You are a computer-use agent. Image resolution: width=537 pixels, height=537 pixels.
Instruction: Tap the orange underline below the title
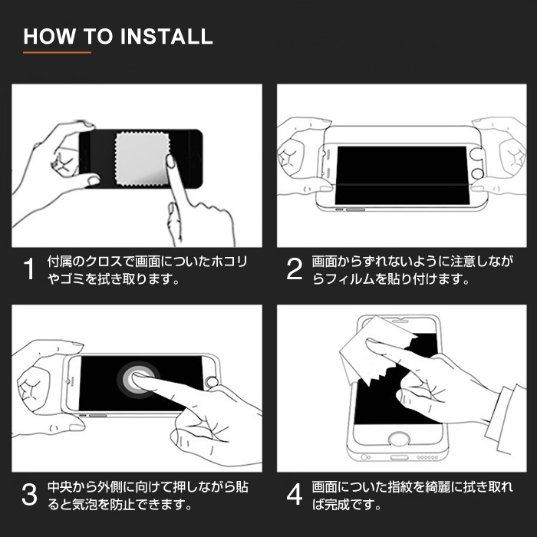pos(57,53)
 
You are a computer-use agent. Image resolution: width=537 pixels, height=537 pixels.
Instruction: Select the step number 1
pos(29,270)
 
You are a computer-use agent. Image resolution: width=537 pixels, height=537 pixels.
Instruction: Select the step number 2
pos(295,270)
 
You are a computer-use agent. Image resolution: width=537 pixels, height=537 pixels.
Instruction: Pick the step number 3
pos(29,496)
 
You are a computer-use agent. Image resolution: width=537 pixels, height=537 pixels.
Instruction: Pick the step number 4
pos(295,496)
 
